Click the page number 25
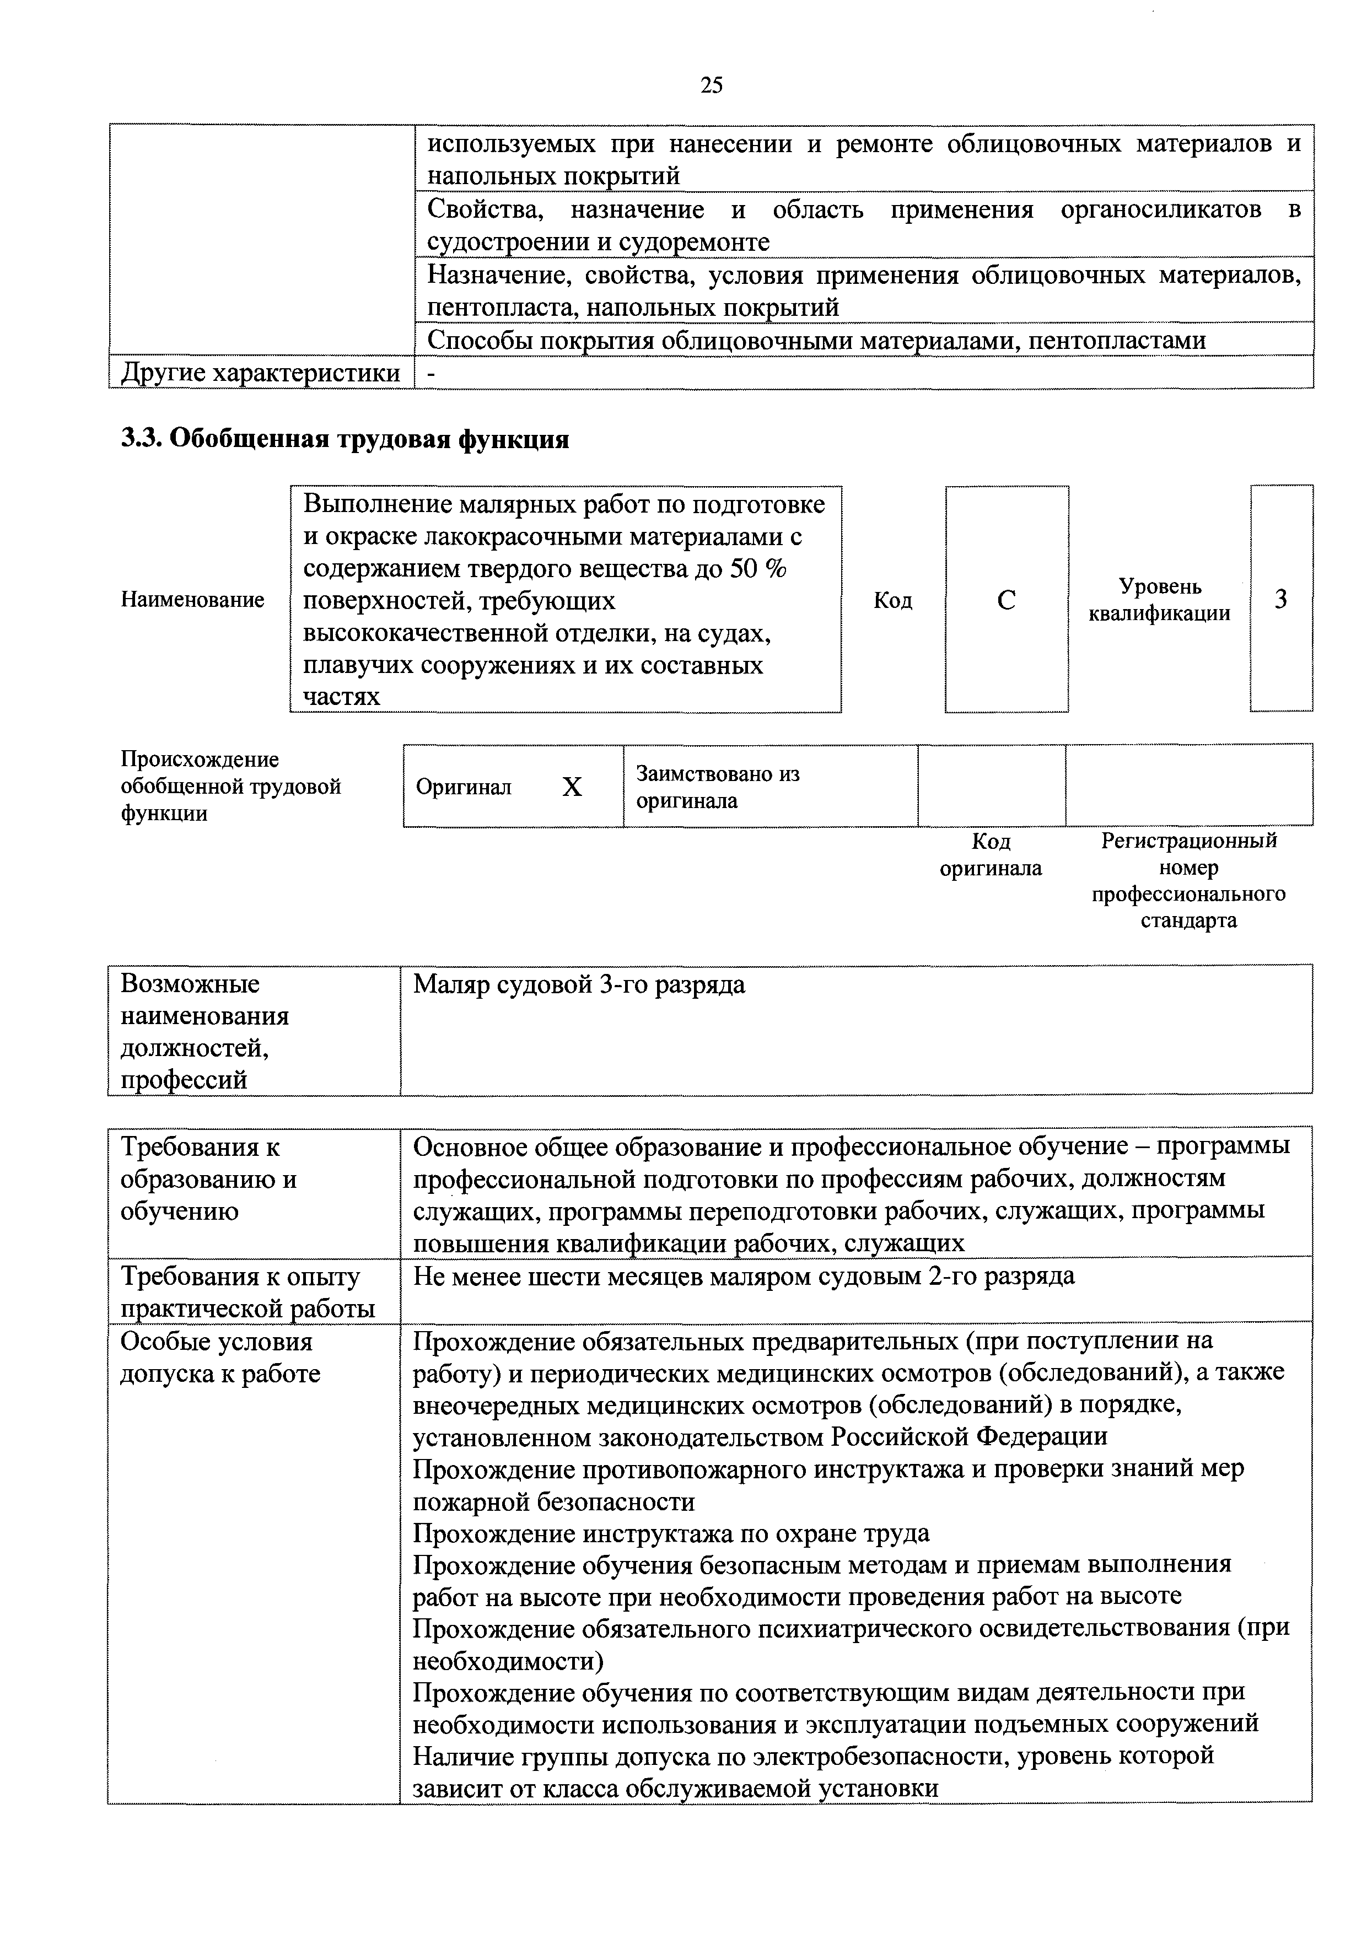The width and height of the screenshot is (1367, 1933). click(x=711, y=85)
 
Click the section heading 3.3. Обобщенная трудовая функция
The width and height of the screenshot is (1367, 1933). click(x=345, y=439)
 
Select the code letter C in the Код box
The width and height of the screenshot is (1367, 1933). click(x=1006, y=600)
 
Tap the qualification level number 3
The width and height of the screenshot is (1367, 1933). click(x=1280, y=600)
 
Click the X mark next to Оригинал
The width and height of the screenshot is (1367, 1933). click(x=572, y=787)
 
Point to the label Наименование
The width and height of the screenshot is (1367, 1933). click(x=193, y=600)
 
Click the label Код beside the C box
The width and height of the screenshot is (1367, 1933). click(x=893, y=600)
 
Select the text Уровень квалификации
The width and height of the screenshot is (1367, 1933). click(x=1159, y=600)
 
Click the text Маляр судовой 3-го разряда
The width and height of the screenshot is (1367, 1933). click(x=579, y=984)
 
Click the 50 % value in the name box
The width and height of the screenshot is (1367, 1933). click(x=757, y=569)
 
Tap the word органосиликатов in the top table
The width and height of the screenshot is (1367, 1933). click(x=1161, y=209)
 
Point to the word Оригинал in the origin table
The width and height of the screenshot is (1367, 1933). click(x=464, y=787)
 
